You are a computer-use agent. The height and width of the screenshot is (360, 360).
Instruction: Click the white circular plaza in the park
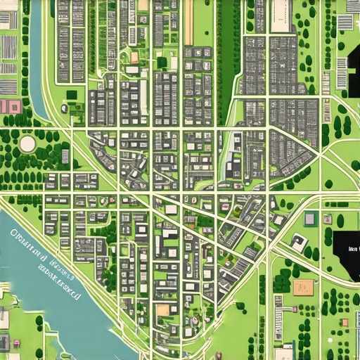tap(27, 143)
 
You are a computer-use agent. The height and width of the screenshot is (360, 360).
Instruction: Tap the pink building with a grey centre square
tap(11, 106)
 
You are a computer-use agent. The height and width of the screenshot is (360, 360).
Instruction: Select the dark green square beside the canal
tap(70, 94)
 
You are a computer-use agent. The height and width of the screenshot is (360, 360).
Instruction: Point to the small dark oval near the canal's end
tap(64, 108)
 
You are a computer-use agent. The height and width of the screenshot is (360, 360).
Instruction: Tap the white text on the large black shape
tap(352, 250)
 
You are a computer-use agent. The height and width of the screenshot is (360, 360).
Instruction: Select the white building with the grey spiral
tap(300, 243)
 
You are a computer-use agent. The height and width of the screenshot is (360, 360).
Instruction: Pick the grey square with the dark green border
tap(310, 219)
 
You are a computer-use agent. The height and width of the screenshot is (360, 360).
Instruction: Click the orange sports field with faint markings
tap(304, 287)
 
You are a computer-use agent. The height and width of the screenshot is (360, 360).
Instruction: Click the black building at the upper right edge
tap(352, 70)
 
